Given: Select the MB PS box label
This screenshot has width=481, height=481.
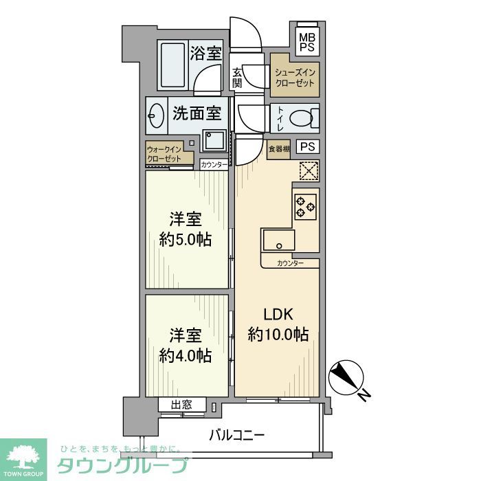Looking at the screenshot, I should tap(306, 42).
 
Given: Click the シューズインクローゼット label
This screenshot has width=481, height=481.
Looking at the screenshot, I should tap(294, 78).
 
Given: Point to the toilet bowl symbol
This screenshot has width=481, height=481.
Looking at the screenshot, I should tap(302, 118).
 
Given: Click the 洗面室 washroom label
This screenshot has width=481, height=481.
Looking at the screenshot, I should tap(197, 112).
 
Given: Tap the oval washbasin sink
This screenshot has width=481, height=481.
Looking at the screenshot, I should tap(156, 116).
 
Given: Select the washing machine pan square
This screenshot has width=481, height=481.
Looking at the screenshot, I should tap(214, 142).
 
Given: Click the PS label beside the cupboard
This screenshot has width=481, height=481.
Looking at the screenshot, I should tap(309, 146).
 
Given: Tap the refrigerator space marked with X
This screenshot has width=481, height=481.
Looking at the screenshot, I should tap(309, 170).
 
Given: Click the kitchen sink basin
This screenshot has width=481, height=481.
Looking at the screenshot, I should tap(278, 242).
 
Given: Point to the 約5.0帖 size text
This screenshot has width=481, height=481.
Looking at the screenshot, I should tap(185, 240).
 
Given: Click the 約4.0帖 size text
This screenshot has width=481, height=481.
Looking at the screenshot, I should tap(185, 355).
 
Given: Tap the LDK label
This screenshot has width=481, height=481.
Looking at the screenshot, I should tap(278, 315).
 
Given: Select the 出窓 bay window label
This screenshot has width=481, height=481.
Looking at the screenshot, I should tap(182, 405).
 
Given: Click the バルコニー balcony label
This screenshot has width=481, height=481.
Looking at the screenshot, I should tap(236, 435).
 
